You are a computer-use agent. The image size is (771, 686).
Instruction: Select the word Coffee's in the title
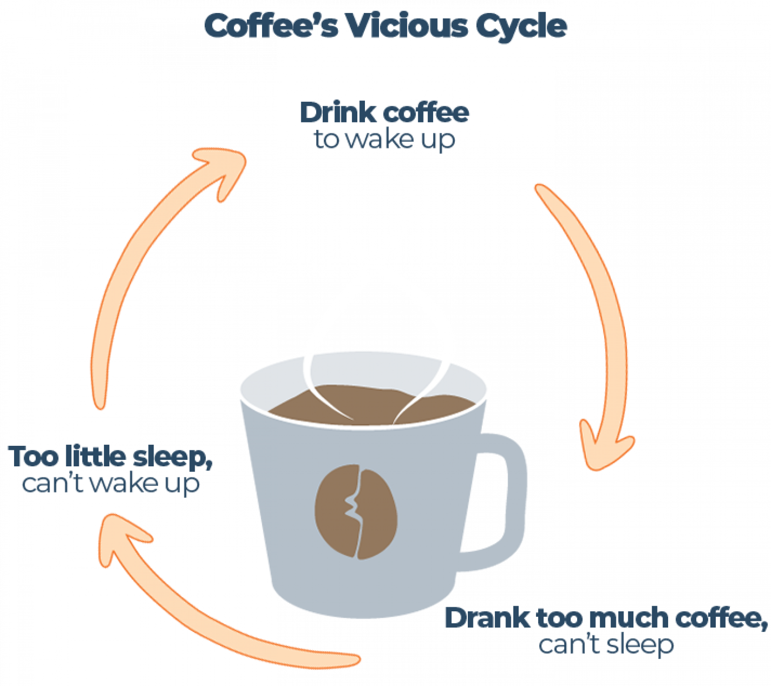point(271,26)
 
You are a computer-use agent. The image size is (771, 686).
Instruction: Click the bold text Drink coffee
point(384,113)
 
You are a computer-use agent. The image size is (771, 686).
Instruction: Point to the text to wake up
point(384,139)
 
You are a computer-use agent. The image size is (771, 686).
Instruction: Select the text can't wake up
point(110,483)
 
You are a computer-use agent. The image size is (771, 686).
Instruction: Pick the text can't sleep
point(606,645)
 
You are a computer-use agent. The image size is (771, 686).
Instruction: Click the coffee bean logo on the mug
point(356,511)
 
